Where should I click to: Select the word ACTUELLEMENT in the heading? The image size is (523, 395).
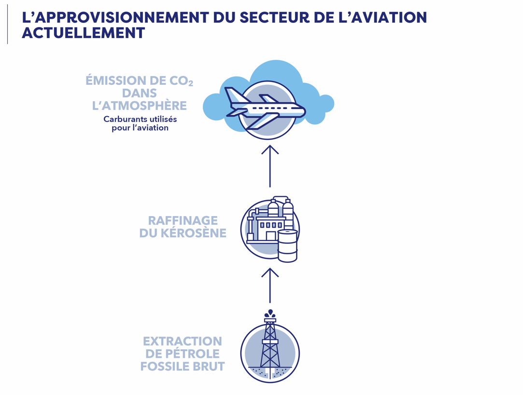click(83, 33)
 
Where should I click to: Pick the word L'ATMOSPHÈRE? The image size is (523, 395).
click(139, 106)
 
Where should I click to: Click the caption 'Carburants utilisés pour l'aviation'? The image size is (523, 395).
click(140, 123)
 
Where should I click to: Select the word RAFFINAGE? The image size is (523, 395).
click(183, 220)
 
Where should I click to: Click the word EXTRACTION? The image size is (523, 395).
click(183, 341)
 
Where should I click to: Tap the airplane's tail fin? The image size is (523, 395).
click(231, 95)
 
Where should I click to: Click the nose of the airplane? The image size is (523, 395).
click(302, 111)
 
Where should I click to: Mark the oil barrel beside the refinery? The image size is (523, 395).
click(287, 245)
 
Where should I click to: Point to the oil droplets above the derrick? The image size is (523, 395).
click(270, 313)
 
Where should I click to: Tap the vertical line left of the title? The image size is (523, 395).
click(7, 24)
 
